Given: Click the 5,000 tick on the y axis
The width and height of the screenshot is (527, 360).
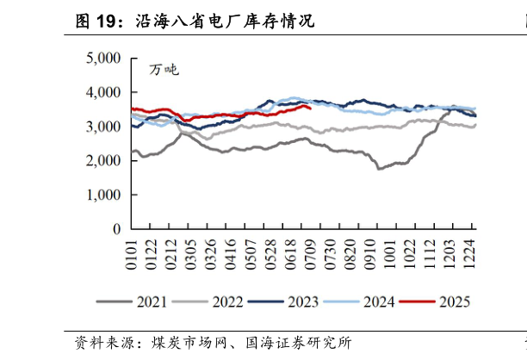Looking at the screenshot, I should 103,59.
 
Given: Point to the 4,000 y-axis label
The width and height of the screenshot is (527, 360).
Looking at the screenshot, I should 103,93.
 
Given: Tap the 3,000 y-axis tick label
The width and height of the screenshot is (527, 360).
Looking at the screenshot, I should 103,127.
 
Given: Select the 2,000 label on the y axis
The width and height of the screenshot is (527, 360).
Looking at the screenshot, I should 103,161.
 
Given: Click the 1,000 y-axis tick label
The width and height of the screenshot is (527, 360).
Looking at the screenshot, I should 103,196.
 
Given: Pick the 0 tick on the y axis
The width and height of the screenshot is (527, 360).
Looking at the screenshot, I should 117,230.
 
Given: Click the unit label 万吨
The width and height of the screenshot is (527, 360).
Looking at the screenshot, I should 164,70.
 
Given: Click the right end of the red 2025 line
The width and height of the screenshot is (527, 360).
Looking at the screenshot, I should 310,109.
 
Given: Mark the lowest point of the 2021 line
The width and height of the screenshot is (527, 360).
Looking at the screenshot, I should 380,169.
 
